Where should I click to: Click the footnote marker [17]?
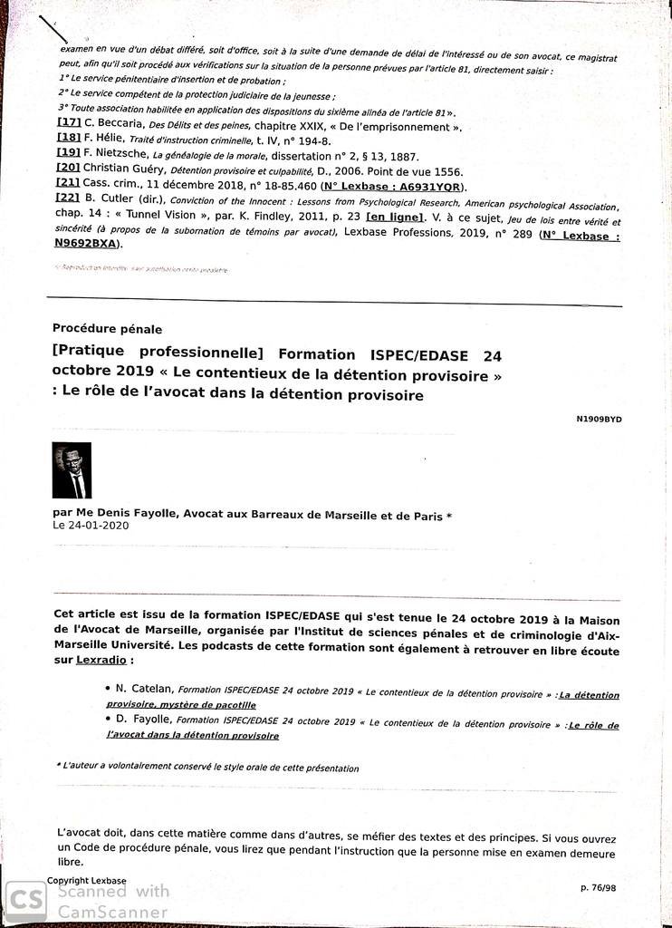click(69, 123)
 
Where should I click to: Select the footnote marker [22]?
click(69, 198)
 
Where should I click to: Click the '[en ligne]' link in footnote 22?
click(395, 217)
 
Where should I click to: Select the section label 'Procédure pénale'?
click(107, 329)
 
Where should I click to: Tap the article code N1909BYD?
click(599, 419)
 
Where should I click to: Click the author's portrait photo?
click(72, 470)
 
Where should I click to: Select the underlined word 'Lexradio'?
click(99, 661)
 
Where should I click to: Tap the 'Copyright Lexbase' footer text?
click(87, 880)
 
